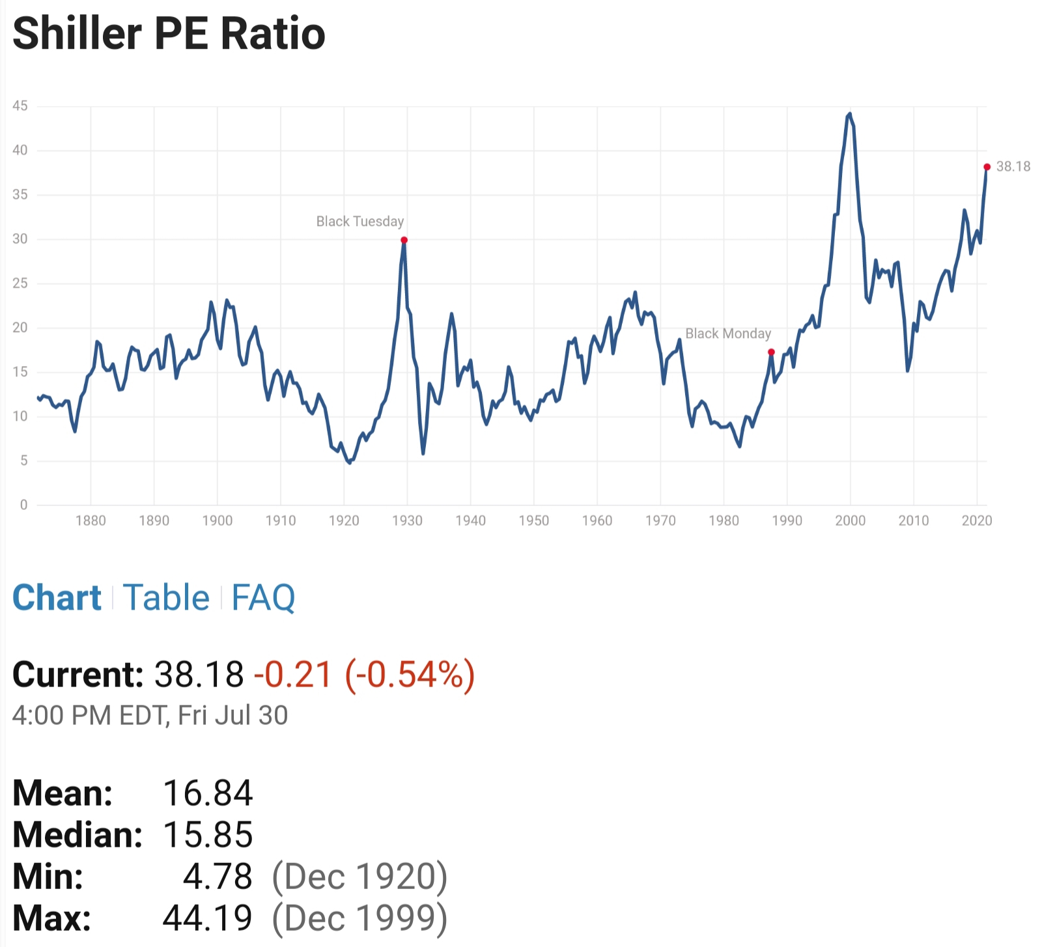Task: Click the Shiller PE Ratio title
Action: coord(169,34)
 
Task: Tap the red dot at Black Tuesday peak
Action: coord(404,240)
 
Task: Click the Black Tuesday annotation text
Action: coord(359,221)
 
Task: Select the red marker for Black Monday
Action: coord(771,352)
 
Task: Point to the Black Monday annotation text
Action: coord(727,333)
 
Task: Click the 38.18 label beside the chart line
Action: coord(1013,167)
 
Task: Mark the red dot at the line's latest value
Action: coord(987,167)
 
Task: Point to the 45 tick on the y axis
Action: coord(20,106)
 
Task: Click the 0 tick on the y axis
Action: coord(24,505)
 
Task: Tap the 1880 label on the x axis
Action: coord(91,520)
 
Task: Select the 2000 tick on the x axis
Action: coord(850,520)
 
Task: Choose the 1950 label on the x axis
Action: coord(533,520)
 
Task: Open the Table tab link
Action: coord(166,597)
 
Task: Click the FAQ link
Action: coord(263,597)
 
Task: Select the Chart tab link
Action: coord(57,597)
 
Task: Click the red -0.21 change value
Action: coord(293,674)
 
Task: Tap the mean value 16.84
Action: coord(208,793)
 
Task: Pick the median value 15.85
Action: coord(208,834)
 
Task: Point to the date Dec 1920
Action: coord(359,877)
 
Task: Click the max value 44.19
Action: coord(208,918)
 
